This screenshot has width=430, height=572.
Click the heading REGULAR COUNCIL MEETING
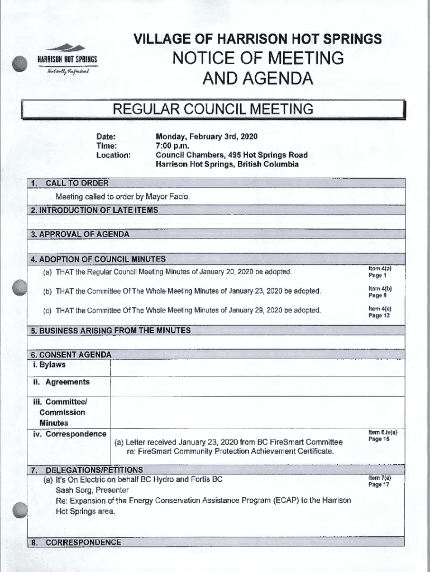tap(213, 109)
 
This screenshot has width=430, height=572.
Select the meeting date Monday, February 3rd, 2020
tap(206, 137)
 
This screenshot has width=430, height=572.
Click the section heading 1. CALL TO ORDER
tap(70, 183)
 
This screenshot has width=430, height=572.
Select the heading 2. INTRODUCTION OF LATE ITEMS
tap(95, 210)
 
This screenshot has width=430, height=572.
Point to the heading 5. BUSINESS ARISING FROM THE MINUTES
tap(111, 330)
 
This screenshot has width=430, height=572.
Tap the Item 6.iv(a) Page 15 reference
tap(382, 435)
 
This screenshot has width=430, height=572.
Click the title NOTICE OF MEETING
tap(257, 58)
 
